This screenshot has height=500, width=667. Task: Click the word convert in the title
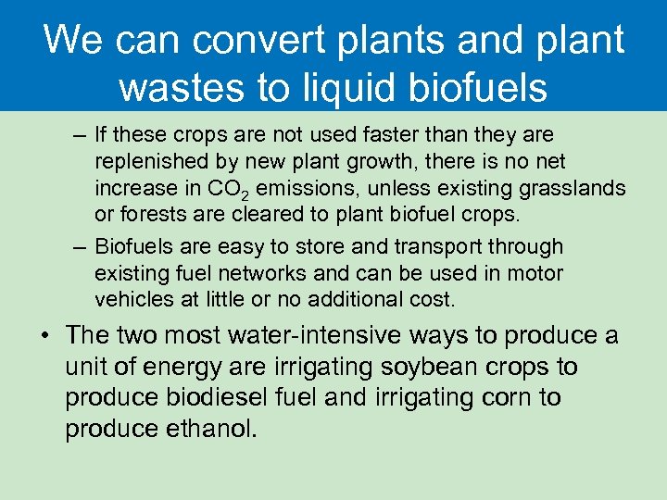[x=248, y=41]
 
